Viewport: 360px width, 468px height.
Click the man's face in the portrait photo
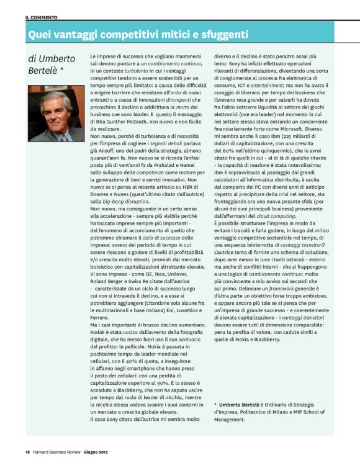coord(54,106)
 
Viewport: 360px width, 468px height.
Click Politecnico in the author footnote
coord(266,412)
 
